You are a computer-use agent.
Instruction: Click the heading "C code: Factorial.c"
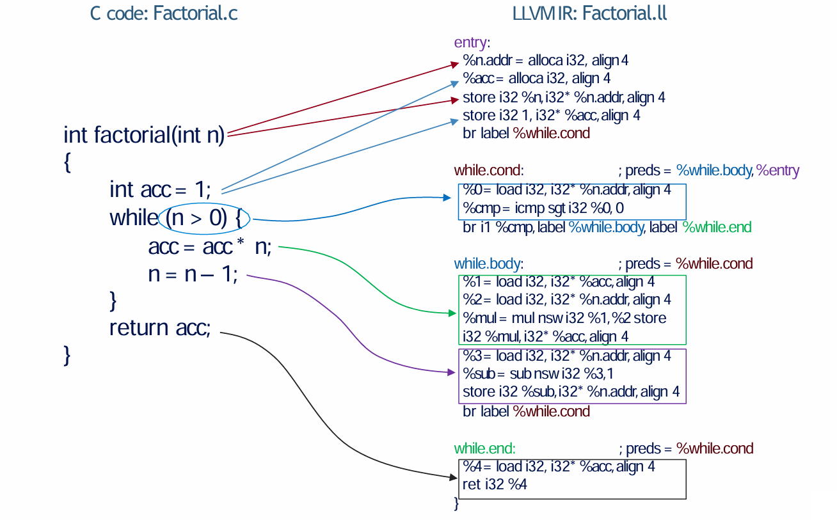pos(164,13)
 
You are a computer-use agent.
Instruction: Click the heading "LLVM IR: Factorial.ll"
pos(589,13)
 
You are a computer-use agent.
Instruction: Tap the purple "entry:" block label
pos(472,43)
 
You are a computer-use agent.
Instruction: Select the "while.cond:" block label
pos(489,171)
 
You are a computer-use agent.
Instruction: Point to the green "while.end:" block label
pos(484,448)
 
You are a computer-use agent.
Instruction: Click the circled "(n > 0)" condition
pos(196,218)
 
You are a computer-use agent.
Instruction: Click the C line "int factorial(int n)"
pos(144,136)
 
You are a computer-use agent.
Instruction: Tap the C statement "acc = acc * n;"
pos(210,247)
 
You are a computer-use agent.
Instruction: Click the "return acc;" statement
pos(160,327)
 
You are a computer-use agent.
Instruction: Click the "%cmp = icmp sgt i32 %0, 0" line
pos(543,209)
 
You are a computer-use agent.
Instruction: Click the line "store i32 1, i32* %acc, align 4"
pos(551,116)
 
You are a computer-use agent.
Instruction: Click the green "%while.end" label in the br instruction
pos(717,227)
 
